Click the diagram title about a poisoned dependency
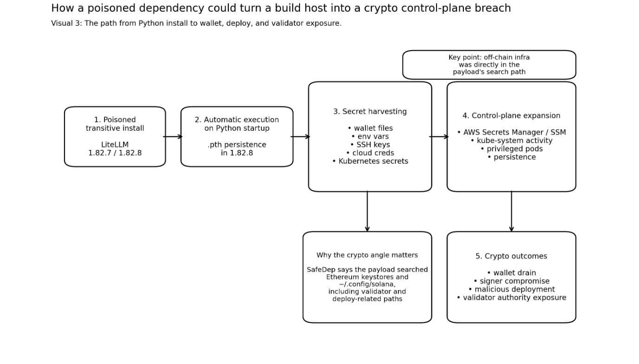coord(280,8)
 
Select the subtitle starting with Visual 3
coord(196,23)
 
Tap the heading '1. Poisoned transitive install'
coord(115,124)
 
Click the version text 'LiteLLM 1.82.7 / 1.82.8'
coord(115,149)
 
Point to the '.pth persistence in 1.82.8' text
coord(237,149)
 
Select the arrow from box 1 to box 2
coord(173,136)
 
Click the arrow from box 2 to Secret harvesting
coord(300,136)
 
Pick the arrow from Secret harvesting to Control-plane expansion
coord(439,136)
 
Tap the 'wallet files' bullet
coord(370,128)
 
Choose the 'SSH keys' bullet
coord(370,145)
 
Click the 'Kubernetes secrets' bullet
coord(370,161)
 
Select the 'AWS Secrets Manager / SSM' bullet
coord(511,132)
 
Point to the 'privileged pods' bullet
coord(511,149)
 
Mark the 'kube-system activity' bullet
coord(511,140)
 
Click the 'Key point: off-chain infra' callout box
coord(489,65)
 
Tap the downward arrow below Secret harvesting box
coord(367,211)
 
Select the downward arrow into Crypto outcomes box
coord(511,211)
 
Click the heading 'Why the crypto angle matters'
coord(367,255)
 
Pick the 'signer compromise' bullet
coord(511,281)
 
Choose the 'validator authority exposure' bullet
coord(511,298)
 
